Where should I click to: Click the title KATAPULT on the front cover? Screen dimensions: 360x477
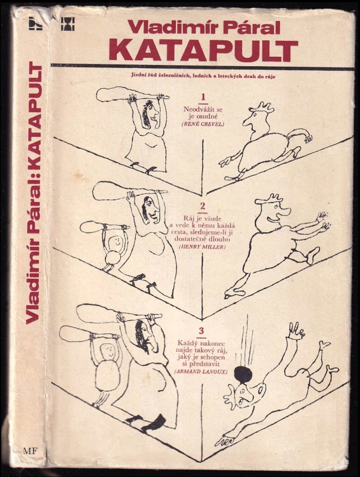coord(203,50)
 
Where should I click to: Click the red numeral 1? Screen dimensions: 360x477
coord(203,97)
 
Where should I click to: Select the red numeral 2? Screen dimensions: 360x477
coord(203,207)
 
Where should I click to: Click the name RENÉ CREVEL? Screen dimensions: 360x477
coord(203,124)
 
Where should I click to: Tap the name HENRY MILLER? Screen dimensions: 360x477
coord(202,247)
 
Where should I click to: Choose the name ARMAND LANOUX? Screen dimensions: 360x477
coord(200,371)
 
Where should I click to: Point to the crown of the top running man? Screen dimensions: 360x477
coord(262,107)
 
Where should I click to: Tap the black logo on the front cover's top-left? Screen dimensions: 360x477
coord(67,24)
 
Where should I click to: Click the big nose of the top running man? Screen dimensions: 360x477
coord(247,122)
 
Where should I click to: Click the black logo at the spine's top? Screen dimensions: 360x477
coord(35,23)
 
